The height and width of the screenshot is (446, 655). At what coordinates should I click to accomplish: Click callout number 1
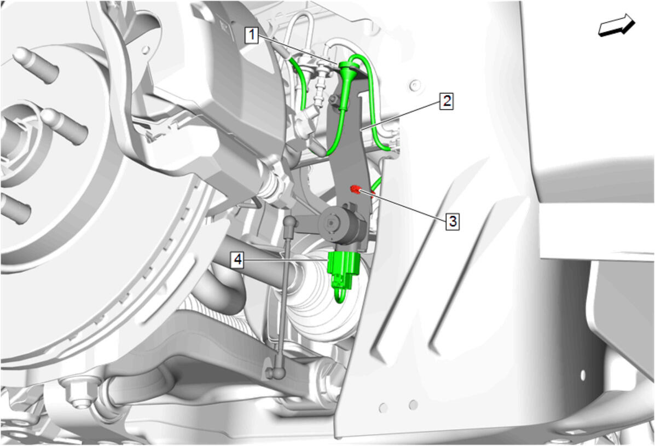(x=252, y=35)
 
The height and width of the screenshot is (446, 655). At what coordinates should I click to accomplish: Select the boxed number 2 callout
(x=447, y=101)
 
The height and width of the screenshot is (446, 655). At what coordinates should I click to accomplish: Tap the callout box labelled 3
(x=453, y=221)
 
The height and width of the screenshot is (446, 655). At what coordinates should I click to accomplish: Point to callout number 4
(x=237, y=260)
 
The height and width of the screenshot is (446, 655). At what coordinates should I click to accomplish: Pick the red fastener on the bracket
(x=356, y=190)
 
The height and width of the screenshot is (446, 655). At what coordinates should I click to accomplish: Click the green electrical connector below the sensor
(x=344, y=270)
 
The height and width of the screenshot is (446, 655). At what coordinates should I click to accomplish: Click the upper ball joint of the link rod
(x=291, y=222)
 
